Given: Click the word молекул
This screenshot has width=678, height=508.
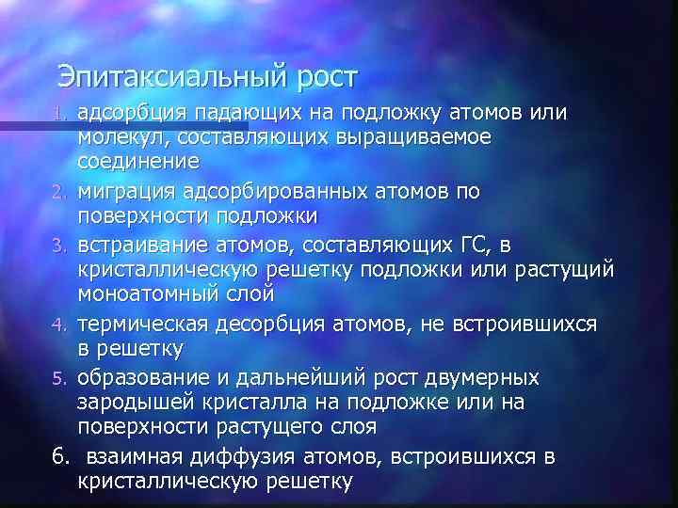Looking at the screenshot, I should coord(118,137).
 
